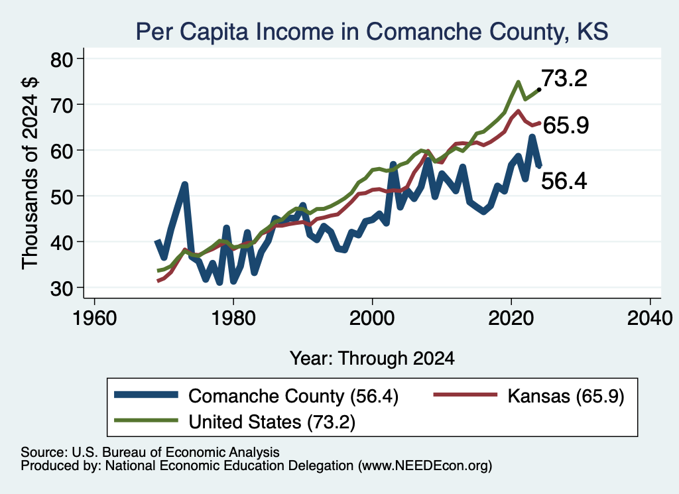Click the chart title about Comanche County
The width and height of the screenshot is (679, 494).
[372, 32]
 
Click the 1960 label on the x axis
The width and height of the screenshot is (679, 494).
[94, 318]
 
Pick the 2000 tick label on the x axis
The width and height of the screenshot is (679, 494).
[372, 318]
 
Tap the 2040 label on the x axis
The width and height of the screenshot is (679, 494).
[650, 318]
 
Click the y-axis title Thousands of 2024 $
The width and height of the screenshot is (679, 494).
[30, 173]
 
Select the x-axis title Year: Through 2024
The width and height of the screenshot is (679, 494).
[372, 359]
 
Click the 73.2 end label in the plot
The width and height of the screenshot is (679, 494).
[564, 78]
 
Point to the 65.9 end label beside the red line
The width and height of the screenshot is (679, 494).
[566, 125]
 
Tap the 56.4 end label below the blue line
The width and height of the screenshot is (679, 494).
[564, 180]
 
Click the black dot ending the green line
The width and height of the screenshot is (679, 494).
[538, 90]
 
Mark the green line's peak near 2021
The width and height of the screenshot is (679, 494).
[518, 82]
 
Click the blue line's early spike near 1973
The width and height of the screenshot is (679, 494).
[185, 185]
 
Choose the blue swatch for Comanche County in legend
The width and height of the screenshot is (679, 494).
[146, 395]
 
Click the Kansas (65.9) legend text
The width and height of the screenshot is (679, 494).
[566, 396]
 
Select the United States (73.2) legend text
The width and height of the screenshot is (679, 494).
[272, 422]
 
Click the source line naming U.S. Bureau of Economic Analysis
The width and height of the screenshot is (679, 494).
[150, 452]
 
